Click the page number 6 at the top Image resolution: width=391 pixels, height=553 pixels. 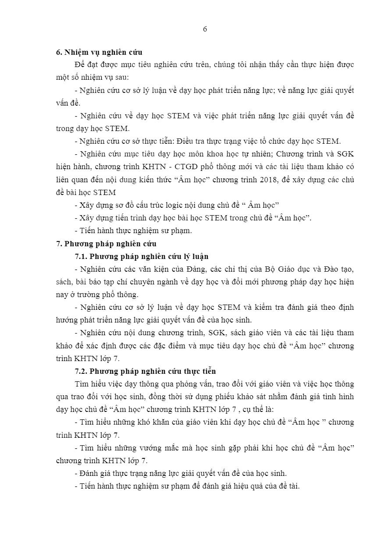(x=205, y=29)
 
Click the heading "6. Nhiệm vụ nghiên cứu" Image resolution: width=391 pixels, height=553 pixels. (x=99, y=52)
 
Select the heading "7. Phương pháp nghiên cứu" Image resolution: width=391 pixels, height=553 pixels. (x=106, y=244)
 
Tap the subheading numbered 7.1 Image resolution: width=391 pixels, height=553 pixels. (x=142, y=256)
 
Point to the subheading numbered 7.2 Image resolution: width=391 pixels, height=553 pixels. (x=145, y=371)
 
